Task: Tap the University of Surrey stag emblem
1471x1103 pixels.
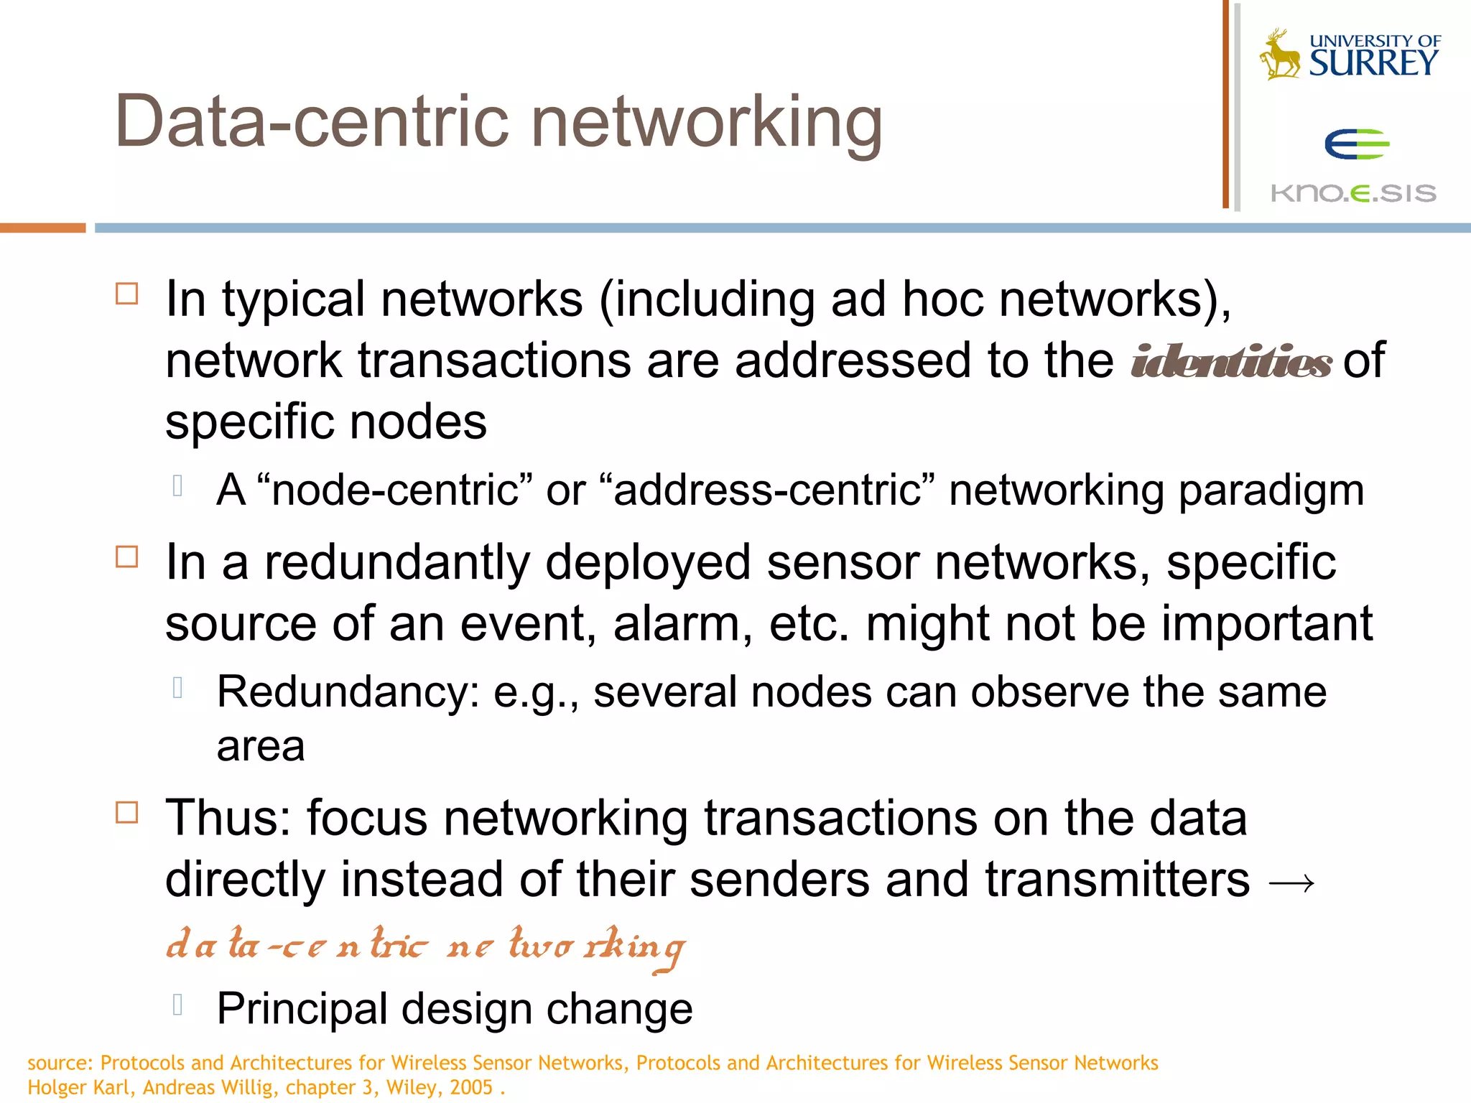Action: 1279,55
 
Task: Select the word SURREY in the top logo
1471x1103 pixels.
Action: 1373,63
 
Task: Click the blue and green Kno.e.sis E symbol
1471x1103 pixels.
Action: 1357,145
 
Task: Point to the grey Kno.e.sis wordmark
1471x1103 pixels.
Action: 1353,192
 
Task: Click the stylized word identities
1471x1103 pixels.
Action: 1231,361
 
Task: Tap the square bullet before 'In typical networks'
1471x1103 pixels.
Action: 127,294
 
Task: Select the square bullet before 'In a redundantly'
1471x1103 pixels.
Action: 127,557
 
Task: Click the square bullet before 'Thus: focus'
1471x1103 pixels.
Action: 127,812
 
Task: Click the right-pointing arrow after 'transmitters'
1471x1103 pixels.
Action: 1291,883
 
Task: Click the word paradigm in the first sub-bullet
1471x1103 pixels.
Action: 1271,490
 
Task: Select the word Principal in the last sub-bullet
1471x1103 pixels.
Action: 302,1009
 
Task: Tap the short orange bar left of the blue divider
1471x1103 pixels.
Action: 42,228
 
